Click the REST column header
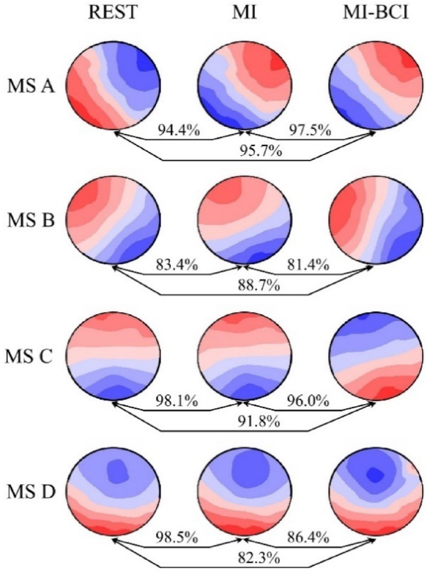coord(114,13)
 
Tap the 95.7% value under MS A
coord(244,151)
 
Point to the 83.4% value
coord(175,268)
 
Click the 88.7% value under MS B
coord(244,285)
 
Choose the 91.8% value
coord(244,421)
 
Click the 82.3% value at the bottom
coord(244,555)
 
